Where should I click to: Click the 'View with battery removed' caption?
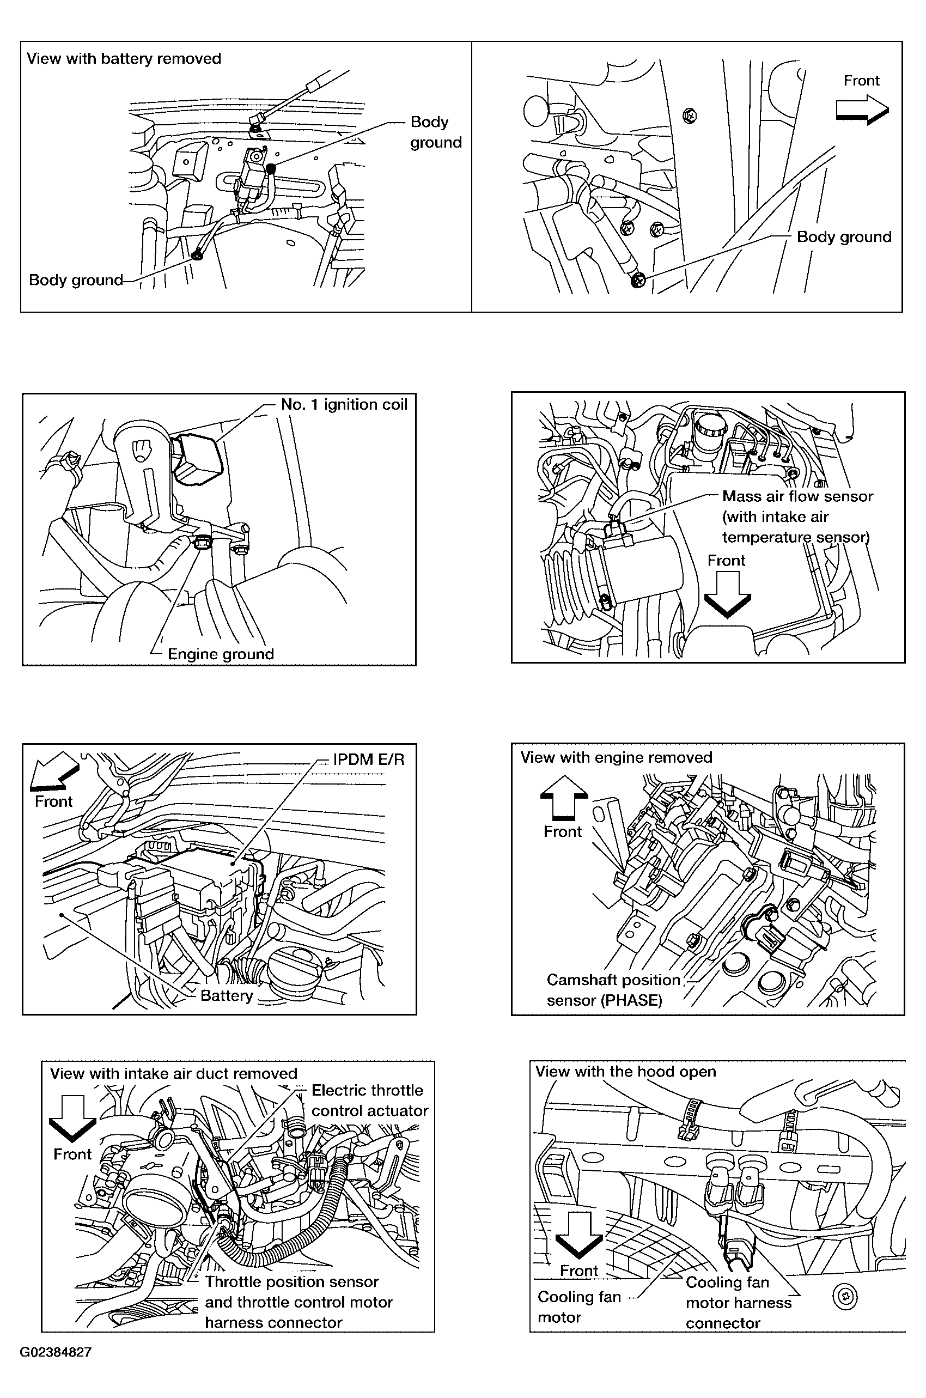(124, 59)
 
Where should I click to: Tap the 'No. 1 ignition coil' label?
(344, 405)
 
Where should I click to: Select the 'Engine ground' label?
(221, 654)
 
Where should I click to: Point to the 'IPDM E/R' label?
(369, 759)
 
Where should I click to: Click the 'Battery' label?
(227, 996)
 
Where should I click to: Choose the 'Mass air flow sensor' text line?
(797, 496)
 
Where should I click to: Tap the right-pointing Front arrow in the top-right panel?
(862, 111)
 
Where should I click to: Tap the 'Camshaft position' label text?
(613, 980)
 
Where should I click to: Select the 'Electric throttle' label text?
(367, 1090)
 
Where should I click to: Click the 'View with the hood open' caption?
(625, 1072)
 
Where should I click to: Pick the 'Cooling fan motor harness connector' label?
(739, 1302)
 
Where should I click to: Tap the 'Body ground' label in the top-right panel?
(844, 237)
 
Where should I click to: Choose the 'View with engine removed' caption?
(616, 757)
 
